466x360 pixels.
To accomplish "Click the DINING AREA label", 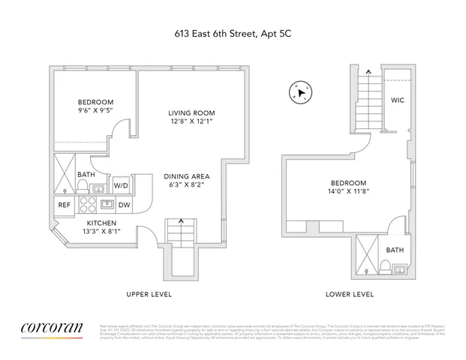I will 184,177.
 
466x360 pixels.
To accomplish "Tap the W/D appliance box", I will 121,185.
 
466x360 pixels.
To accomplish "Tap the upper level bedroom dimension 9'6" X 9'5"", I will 95,112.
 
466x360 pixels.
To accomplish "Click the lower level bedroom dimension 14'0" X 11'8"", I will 349,193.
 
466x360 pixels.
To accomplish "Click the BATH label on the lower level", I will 394,250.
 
